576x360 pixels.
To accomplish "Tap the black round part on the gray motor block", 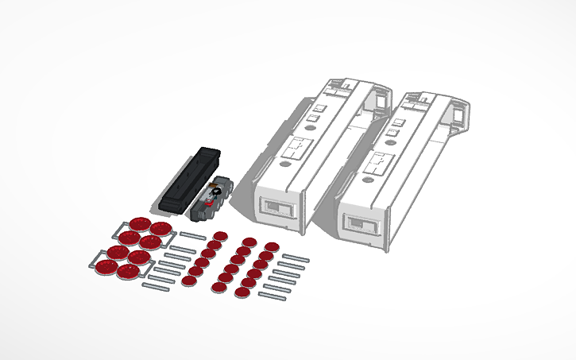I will tap(215, 191).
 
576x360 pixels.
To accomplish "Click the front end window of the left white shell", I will tap(279, 209).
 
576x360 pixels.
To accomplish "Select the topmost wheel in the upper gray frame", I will tap(140, 225).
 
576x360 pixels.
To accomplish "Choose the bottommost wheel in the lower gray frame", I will tap(126, 272).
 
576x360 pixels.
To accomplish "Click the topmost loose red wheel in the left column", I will tap(220, 236).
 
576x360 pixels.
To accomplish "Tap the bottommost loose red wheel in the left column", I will tap(188, 280).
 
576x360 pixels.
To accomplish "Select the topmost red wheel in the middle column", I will tap(249, 242).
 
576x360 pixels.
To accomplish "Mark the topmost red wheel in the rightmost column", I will tap(272, 247).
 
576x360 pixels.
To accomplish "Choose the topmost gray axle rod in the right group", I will tap(294, 258).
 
